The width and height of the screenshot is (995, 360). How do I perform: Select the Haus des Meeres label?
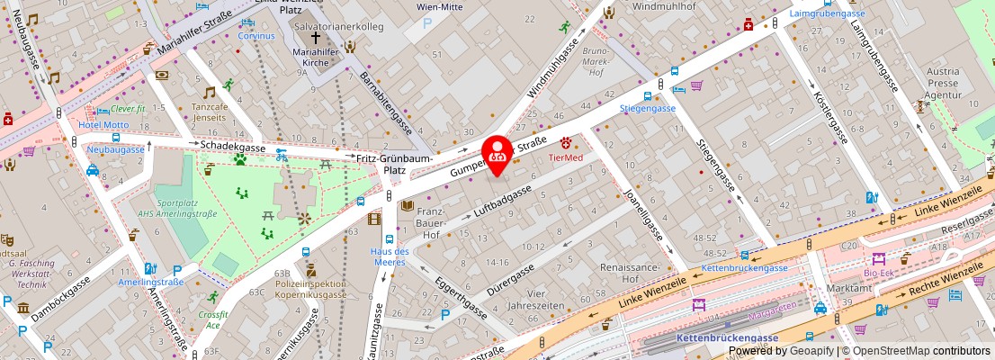pos(390,256)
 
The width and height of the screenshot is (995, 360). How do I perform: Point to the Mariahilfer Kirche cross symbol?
pos(315,38)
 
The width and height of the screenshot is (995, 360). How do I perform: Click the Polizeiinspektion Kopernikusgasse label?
pos(310,289)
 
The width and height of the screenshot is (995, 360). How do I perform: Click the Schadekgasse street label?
pos(232,146)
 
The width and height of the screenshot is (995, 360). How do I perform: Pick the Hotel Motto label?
pos(103,125)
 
